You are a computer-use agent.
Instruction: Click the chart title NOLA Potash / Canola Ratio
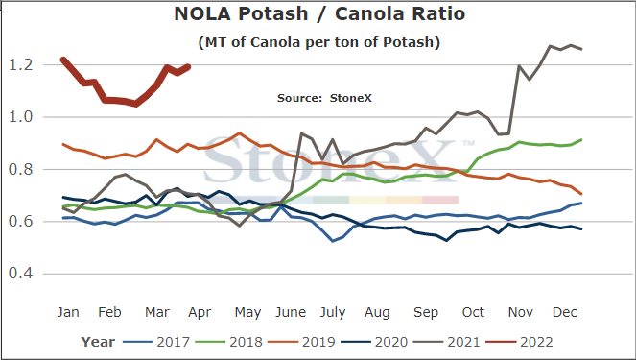319,13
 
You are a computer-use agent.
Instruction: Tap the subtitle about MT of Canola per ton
319,42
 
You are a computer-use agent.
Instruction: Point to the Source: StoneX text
324,98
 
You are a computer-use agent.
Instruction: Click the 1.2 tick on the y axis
21,64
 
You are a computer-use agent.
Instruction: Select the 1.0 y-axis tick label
21,117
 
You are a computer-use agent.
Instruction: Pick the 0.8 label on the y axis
21,169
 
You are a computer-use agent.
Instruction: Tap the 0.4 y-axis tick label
21,274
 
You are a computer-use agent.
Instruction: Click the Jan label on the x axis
68,312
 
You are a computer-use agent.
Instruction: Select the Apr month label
200,313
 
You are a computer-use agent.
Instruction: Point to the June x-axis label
291,312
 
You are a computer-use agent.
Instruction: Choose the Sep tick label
426,313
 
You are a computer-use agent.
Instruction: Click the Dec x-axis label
565,312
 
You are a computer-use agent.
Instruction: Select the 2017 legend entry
156,342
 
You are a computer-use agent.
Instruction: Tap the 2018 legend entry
229,342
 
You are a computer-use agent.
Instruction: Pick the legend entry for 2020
374,342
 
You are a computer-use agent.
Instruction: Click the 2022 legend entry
520,342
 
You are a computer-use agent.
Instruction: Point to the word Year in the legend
98,342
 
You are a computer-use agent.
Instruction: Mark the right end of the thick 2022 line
188,66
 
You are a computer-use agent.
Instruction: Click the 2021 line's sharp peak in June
301,133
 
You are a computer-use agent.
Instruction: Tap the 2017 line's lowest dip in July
333,241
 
